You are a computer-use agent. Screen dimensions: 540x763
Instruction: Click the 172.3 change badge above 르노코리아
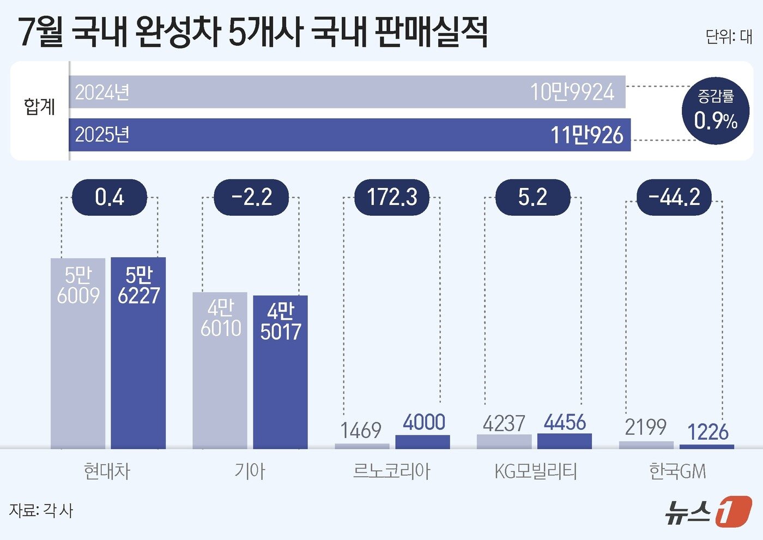pos(391,197)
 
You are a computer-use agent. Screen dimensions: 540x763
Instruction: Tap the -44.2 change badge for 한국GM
pos(674,197)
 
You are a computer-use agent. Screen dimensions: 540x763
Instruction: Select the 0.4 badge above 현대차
pos(110,197)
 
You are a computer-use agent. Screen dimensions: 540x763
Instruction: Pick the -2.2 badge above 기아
pos(251,197)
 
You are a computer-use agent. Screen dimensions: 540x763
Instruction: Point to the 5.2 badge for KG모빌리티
pos(532,197)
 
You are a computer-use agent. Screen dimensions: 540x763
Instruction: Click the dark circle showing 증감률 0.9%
pos(716,111)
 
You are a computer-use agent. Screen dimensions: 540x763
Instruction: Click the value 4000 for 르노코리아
pos(423,422)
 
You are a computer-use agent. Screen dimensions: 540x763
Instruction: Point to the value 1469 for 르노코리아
pos(361,430)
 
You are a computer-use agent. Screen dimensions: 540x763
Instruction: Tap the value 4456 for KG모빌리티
pos(565,422)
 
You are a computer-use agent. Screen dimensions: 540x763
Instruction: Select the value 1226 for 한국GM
pos(707,432)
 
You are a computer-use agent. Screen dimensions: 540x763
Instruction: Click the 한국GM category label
pos(677,471)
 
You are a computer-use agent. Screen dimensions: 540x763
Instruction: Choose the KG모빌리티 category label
pos(535,471)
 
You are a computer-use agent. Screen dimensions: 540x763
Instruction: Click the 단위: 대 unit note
pos(728,37)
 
